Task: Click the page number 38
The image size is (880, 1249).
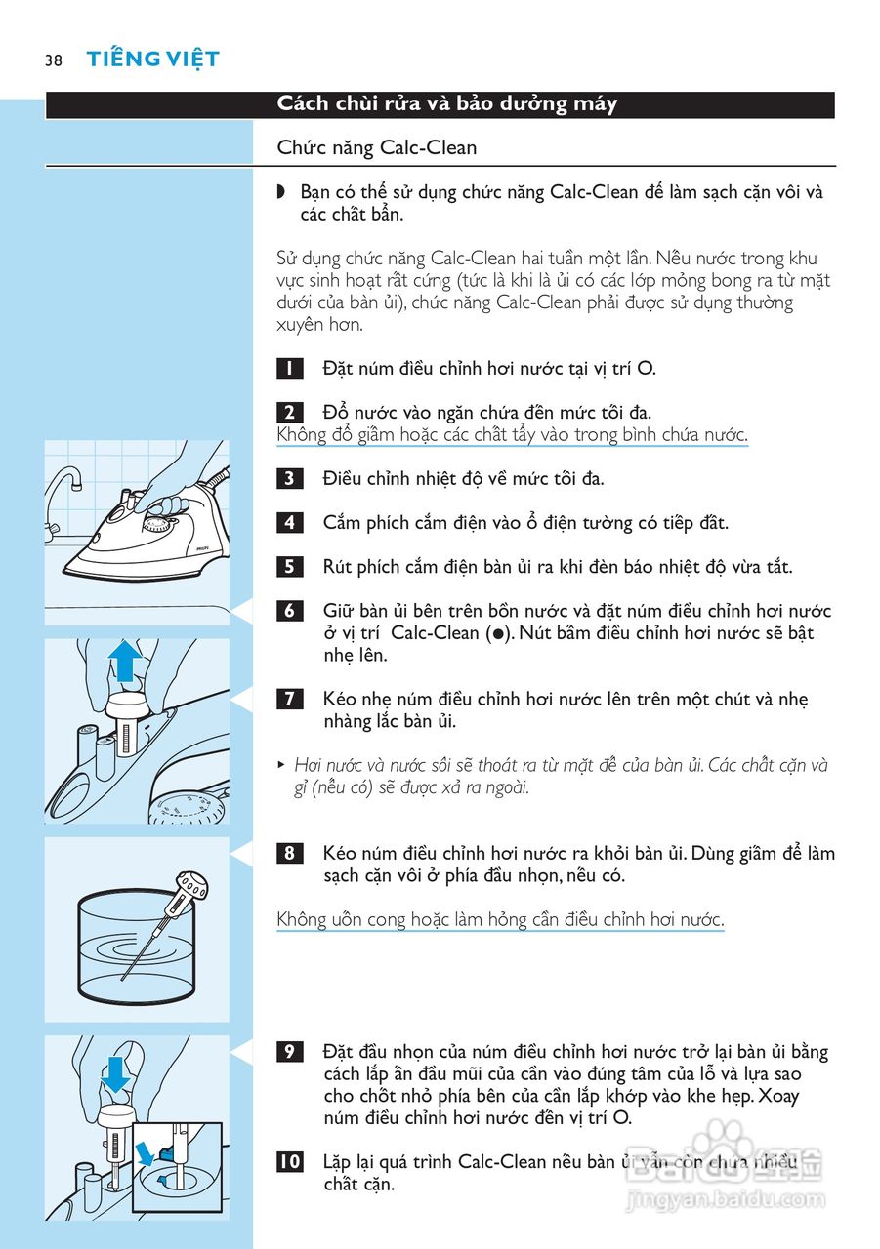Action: click(x=53, y=60)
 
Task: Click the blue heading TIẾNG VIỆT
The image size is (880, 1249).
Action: click(x=152, y=60)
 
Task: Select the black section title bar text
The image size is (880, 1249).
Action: click(x=446, y=104)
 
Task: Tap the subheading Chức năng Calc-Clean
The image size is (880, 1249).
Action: click(x=377, y=148)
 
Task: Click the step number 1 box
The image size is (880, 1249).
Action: click(x=290, y=369)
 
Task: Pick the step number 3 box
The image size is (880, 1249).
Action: click(x=290, y=478)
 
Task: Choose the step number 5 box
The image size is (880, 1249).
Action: click(x=290, y=567)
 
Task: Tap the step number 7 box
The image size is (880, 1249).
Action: click(x=290, y=699)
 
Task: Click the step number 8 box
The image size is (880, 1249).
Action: click(x=290, y=854)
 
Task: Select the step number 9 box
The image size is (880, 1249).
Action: click(x=290, y=1052)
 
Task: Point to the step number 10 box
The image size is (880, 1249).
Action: click(x=290, y=1162)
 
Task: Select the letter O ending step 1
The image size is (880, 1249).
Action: click(x=646, y=369)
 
